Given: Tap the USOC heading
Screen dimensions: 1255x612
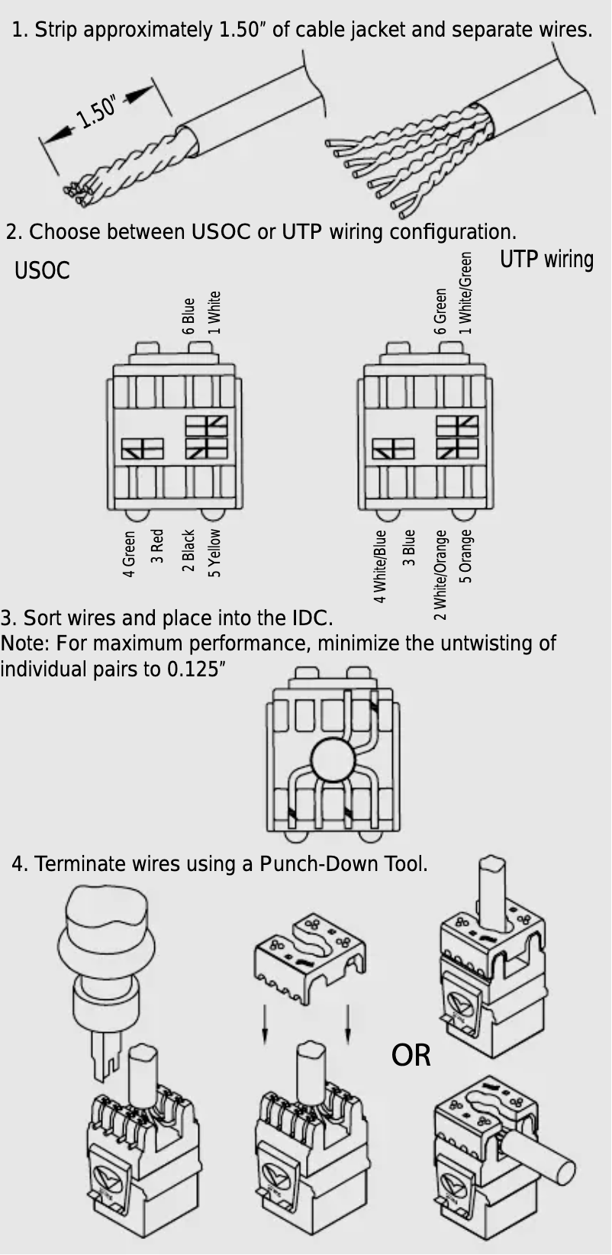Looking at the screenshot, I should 42,271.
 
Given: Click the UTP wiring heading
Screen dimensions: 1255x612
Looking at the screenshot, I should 546,260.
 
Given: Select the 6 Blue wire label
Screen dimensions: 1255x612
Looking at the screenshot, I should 188,316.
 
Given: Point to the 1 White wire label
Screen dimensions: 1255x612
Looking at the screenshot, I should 214,312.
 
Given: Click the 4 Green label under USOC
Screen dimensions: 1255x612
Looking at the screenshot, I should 130,554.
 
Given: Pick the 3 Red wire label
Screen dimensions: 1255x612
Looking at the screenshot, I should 157,545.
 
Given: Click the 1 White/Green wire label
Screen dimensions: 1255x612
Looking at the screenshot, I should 465,293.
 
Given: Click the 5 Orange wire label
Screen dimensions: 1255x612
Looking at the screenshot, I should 465,556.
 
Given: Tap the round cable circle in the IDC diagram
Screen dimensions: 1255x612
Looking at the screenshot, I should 333,760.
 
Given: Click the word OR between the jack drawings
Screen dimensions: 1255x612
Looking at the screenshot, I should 411,1056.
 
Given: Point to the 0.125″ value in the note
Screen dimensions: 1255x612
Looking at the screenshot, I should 196,669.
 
